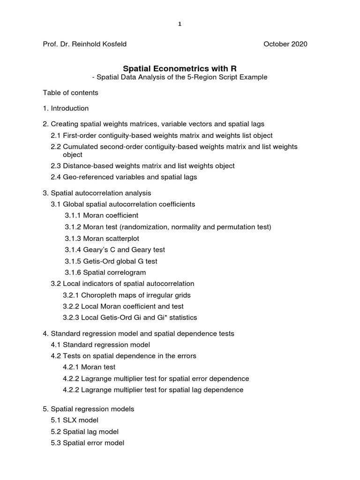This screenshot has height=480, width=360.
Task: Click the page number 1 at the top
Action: (x=180, y=25)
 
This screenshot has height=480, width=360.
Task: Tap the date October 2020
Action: (x=285, y=44)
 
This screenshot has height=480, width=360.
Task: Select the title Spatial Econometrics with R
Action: (x=180, y=68)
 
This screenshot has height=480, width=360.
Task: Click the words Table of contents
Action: (x=70, y=93)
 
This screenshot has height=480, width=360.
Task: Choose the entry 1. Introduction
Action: (x=66, y=108)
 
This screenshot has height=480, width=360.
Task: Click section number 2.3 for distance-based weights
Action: (x=56, y=166)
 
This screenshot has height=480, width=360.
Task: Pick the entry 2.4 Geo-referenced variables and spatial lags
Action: (x=124, y=177)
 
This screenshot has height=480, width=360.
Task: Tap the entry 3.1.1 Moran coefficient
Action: (x=101, y=216)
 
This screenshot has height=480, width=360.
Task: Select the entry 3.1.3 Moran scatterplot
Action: (x=102, y=239)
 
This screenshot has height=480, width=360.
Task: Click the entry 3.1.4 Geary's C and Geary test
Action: (x=115, y=250)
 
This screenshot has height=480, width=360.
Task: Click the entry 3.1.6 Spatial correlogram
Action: (x=105, y=272)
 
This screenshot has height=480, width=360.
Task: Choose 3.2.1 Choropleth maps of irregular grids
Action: (x=127, y=295)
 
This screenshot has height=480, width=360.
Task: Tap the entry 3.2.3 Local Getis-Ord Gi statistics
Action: (x=130, y=318)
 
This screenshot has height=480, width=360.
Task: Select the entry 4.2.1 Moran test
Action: (x=89, y=367)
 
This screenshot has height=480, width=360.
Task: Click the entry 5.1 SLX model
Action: (x=75, y=420)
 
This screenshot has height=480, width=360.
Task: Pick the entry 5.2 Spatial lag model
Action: (x=84, y=431)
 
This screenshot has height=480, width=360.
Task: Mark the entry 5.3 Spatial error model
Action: (x=87, y=442)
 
